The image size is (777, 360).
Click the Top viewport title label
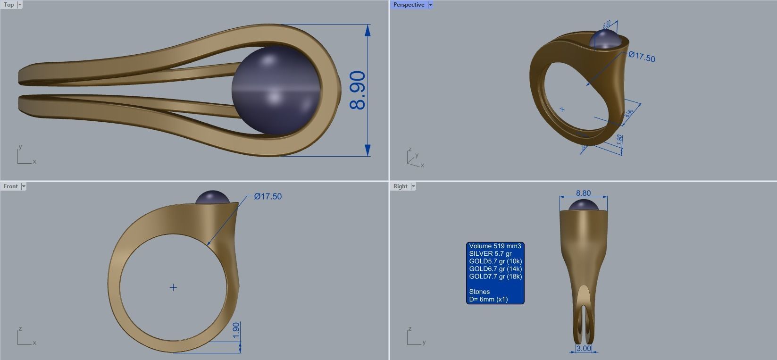coord(8,5)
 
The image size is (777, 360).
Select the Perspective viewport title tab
coord(409,5)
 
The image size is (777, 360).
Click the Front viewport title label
coord(10,186)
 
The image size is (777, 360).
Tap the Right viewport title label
coord(400,186)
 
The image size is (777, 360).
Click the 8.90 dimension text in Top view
coord(358,90)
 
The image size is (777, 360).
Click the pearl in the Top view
coord(276,90)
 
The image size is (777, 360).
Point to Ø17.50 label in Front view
coord(267,196)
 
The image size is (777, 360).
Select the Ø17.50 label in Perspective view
coord(642,57)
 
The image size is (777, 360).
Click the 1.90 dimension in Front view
coord(236,330)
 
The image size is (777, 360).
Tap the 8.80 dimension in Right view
coord(583,193)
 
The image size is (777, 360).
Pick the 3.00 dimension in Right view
coord(584,348)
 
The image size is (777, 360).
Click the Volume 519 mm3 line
coord(495,246)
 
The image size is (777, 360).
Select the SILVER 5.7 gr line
coord(490,253)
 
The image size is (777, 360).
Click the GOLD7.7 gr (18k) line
coord(495,276)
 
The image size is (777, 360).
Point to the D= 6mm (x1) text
coord(488,299)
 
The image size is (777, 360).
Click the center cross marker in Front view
coord(173,287)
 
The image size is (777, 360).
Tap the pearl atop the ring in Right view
coord(583,206)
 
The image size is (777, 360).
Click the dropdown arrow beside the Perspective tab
coord(430,5)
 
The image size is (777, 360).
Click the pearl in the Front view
coord(212,197)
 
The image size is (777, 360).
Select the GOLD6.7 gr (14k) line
coord(495,268)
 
